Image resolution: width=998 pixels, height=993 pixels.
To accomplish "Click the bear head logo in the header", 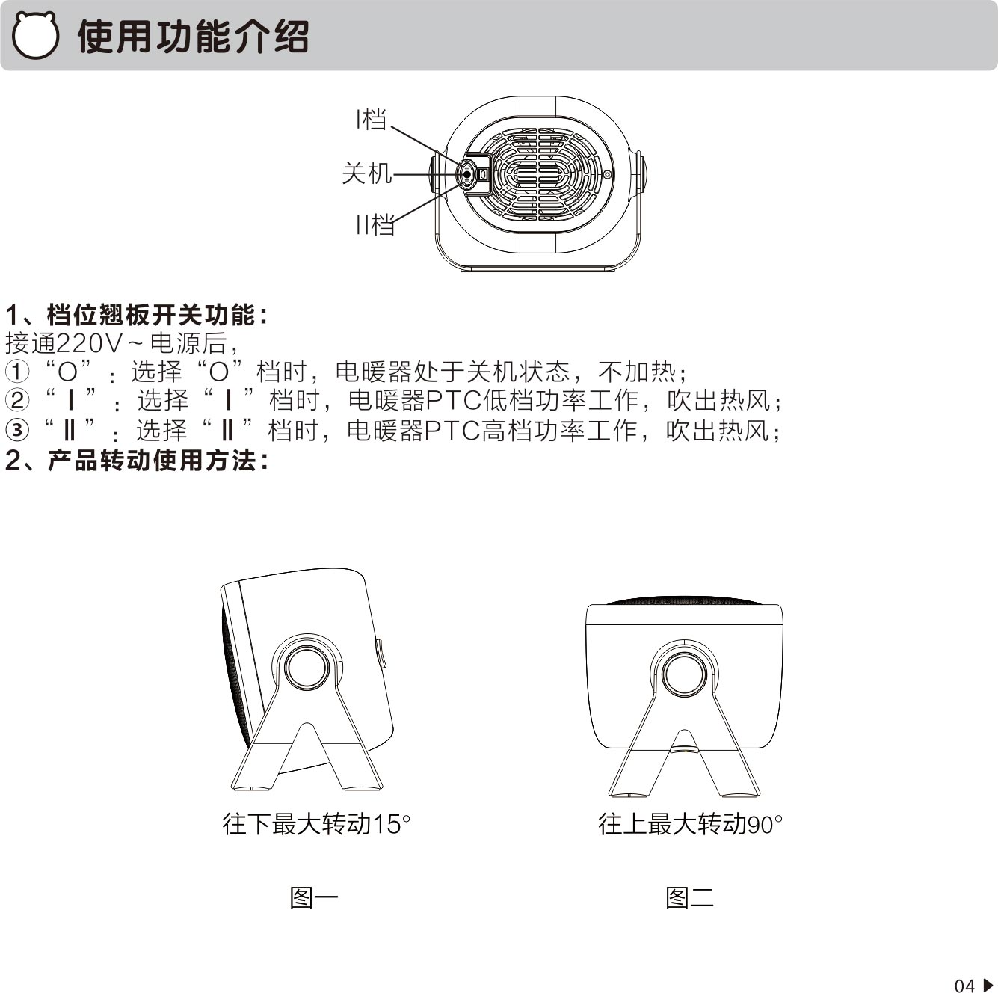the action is point(34,35).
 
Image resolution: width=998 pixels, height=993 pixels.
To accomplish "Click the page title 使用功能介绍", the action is point(193,37).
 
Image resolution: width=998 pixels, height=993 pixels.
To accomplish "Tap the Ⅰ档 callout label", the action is point(371,119).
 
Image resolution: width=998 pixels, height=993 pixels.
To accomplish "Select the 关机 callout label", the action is point(366,173).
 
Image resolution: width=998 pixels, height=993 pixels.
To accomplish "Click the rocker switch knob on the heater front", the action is point(466,174).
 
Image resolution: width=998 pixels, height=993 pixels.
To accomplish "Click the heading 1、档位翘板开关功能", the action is point(137,315).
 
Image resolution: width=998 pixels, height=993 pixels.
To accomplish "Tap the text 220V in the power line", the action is point(89,343).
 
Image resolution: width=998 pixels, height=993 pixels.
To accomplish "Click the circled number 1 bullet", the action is point(16,372).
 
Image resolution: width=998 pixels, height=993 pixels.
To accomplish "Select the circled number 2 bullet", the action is point(16,401).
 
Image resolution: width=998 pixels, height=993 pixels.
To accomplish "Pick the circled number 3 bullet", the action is point(16,430).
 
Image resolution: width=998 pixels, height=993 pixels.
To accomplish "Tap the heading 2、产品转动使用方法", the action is point(137,460).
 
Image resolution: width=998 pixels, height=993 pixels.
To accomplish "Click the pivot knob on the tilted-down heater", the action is point(307,668).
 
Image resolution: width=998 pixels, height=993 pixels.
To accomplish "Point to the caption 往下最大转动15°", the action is point(316,824).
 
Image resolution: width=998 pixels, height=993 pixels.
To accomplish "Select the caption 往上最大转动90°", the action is point(690,824).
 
